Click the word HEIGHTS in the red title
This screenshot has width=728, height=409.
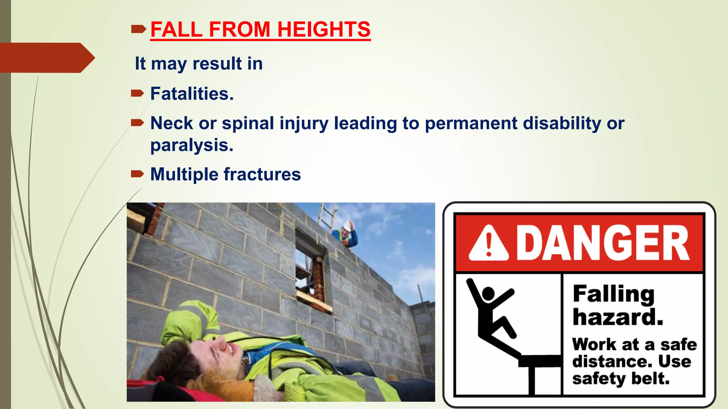tap(323, 29)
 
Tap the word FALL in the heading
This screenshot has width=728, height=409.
tap(176, 29)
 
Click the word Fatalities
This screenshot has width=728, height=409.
tap(192, 94)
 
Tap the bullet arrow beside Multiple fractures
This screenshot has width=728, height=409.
tap(137, 174)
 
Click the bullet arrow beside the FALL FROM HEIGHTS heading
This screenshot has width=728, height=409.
tap(138, 29)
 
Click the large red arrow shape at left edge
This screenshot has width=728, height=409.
tap(46, 58)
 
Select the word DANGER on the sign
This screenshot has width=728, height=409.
tap(602, 244)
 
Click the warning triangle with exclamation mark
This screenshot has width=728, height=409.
tap(488, 244)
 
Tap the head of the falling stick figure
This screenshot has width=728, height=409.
tap(488, 294)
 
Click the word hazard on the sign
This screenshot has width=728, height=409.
tap(618, 317)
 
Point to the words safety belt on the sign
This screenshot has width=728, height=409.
tap(621, 378)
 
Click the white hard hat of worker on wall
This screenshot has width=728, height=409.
tap(347, 225)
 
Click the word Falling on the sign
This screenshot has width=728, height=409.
tap(614, 294)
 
